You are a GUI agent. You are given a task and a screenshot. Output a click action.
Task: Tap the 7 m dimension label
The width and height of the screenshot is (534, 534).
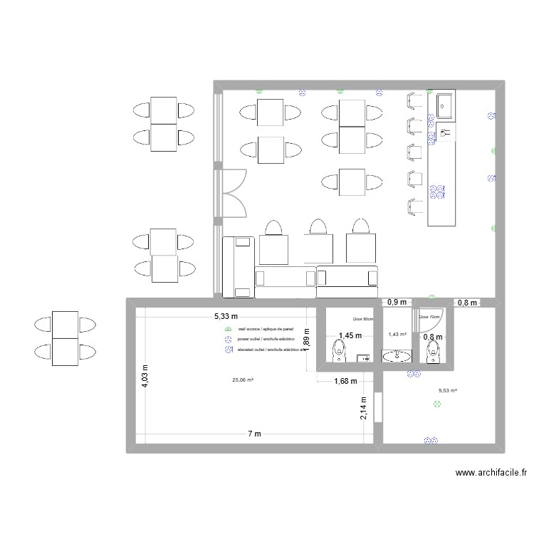tap(254, 434)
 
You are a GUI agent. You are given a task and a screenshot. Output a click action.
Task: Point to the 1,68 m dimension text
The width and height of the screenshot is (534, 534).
tap(345, 382)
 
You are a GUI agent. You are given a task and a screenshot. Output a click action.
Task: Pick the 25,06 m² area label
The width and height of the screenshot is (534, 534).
tap(243, 380)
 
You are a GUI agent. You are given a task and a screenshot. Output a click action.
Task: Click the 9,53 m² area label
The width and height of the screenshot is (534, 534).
tap(446, 390)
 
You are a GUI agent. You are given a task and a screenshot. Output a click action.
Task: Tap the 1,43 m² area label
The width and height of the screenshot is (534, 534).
tap(397, 334)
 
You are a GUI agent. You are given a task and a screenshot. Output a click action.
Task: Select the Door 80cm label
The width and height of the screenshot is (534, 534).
tap(362, 320)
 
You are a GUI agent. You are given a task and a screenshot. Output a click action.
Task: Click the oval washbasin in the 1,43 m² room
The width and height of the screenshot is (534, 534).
tap(397, 356)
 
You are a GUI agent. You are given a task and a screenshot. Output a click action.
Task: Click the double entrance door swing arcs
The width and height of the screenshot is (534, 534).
tap(233, 193)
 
